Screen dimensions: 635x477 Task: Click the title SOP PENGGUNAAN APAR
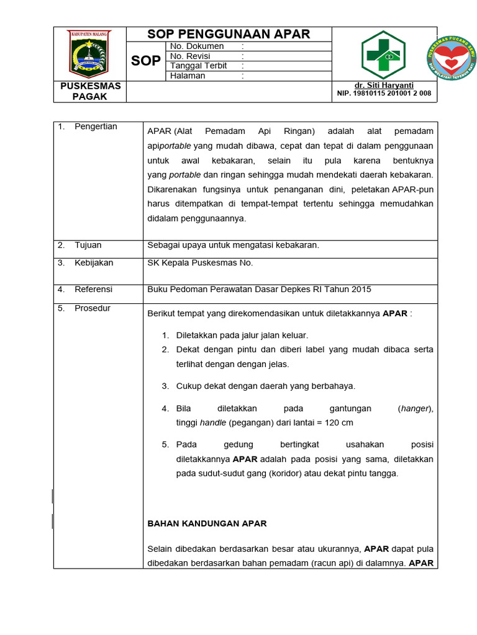point(229,34)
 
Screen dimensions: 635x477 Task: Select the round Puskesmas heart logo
point(452,60)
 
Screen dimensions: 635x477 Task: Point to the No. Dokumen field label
point(197,47)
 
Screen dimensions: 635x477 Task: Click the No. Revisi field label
point(190,56)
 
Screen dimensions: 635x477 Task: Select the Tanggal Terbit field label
point(199,66)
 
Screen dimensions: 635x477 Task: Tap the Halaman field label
point(188,76)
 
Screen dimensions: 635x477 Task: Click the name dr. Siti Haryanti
point(384,85)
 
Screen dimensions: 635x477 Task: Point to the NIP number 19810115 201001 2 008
point(384,94)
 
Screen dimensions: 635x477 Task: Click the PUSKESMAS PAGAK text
point(90,91)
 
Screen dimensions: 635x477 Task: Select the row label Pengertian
point(96,127)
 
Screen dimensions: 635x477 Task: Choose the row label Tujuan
point(88,245)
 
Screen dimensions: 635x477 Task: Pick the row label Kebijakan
point(94,263)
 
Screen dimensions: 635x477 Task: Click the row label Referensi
point(93,290)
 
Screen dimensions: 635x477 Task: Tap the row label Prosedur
point(93,308)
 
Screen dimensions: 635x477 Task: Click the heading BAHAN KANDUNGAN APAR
point(207,523)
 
